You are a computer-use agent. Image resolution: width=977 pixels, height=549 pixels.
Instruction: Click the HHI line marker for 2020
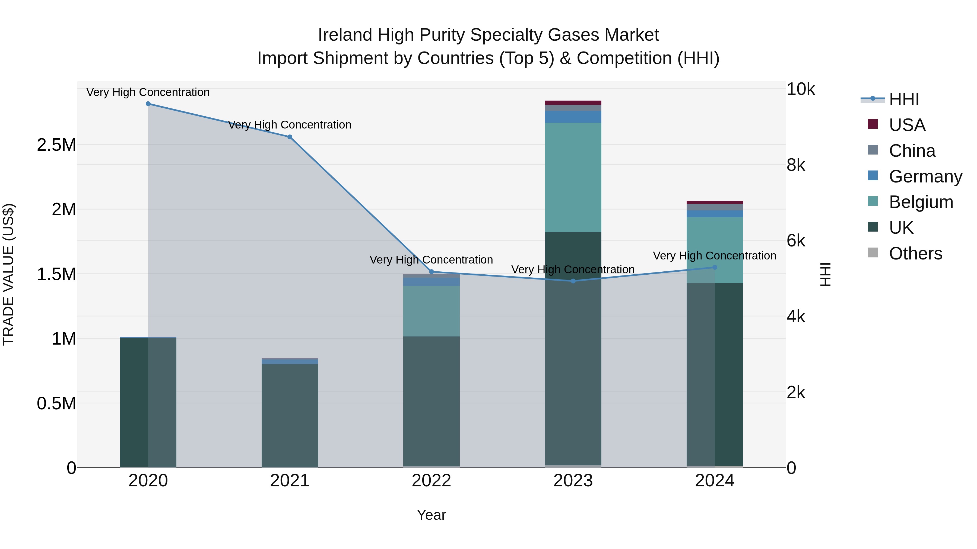click(x=148, y=104)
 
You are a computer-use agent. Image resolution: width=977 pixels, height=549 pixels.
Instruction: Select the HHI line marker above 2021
click(x=290, y=137)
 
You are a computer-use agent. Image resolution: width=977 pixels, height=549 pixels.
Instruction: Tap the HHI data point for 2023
click(x=573, y=281)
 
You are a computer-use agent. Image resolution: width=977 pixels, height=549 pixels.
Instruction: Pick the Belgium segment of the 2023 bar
click(x=573, y=177)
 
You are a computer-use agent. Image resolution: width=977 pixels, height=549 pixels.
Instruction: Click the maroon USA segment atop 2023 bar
click(x=573, y=103)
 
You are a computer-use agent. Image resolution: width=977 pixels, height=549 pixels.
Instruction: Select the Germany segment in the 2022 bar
click(x=431, y=281)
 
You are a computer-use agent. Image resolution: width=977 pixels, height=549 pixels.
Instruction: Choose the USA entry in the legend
click(x=906, y=125)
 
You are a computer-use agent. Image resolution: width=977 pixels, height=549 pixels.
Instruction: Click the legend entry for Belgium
click(x=921, y=202)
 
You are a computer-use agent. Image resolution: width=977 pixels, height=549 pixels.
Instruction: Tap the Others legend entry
click(x=915, y=253)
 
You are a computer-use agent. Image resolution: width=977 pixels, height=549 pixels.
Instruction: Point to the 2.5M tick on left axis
click(x=56, y=145)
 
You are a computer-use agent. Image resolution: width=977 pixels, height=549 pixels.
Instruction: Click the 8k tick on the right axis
click(x=796, y=165)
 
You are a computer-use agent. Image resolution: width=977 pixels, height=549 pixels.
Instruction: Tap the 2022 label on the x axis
click(x=431, y=481)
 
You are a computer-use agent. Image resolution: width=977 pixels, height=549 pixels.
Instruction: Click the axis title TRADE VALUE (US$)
click(x=8, y=274)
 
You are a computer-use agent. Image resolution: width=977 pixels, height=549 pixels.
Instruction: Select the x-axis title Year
click(x=431, y=515)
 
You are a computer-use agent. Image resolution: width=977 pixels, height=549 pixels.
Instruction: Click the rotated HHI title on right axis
click(x=825, y=274)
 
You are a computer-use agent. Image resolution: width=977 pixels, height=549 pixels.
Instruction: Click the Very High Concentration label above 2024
click(x=714, y=256)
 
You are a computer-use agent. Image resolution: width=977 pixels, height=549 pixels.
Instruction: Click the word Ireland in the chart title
click(x=345, y=35)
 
